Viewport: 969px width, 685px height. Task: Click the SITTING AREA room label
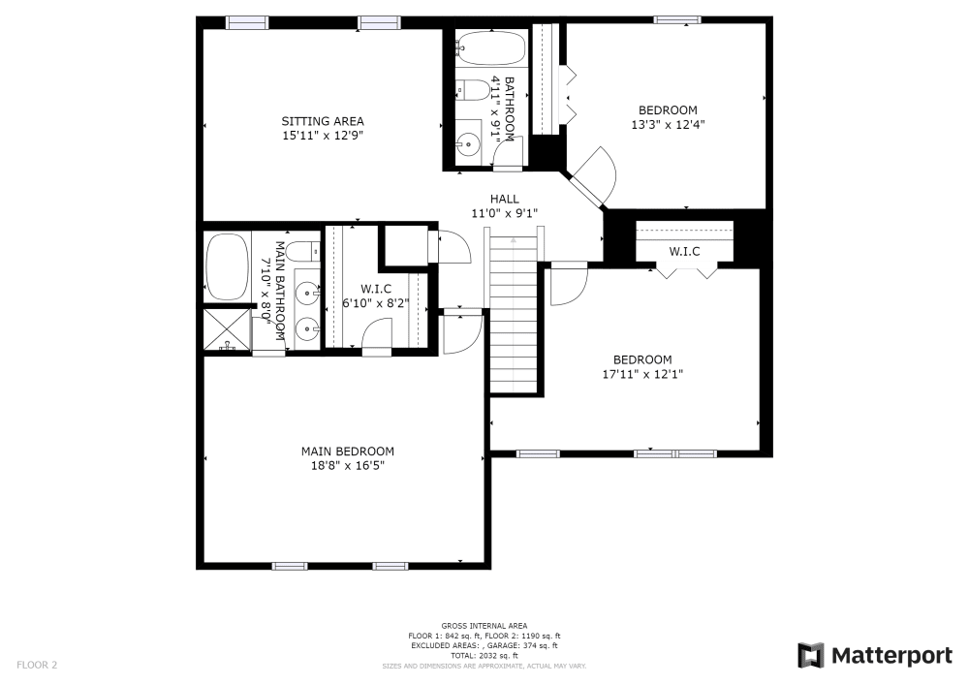(323, 121)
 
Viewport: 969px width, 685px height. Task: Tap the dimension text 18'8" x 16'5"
(347, 466)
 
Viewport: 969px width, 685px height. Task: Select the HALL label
(504, 199)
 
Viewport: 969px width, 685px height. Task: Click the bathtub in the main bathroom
(227, 266)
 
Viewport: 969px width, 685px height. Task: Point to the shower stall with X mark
(227, 329)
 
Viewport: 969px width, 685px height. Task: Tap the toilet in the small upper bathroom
(473, 90)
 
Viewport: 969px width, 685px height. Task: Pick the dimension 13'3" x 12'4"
(667, 124)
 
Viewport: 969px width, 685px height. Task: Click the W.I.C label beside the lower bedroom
(684, 252)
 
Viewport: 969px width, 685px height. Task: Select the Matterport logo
(874, 656)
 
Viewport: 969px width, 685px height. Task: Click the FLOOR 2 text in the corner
(37, 666)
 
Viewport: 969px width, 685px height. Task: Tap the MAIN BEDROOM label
(347, 451)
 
